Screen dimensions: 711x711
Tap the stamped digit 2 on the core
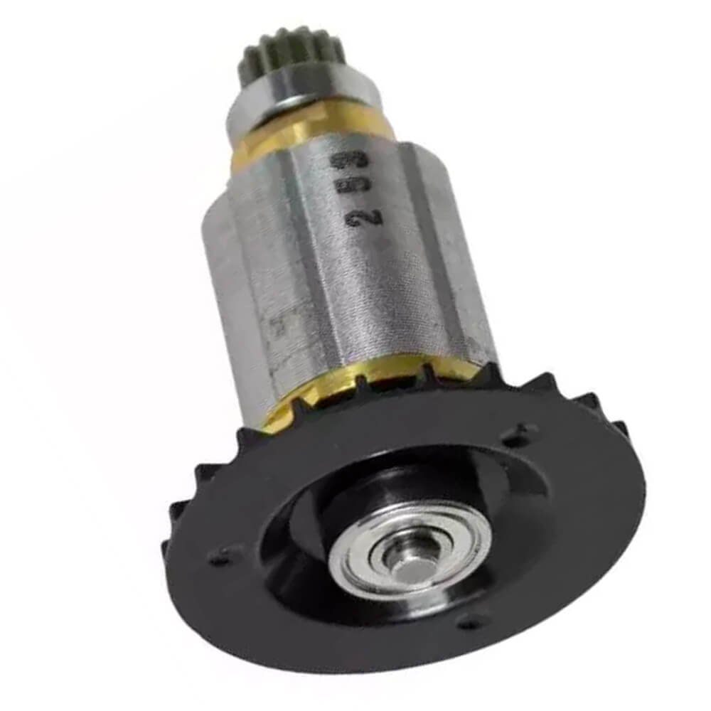tap(355, 217)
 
